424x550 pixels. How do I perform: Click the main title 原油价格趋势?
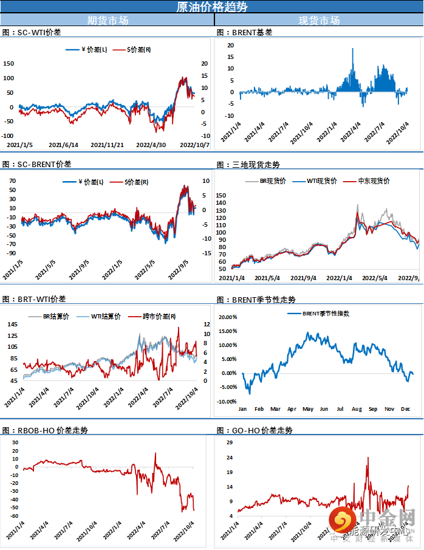point(212,7)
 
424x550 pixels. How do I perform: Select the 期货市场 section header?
point(108,21)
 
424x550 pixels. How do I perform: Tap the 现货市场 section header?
point(319,21)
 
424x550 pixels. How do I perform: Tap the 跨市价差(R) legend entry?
point(159,317)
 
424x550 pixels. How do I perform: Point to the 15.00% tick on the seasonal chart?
point(227,331)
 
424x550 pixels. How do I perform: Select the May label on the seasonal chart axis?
point(308,410)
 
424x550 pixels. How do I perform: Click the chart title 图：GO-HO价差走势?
point(254,430)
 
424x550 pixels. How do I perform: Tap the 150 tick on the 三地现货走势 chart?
point(221,195)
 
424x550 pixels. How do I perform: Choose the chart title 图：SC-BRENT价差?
point(36,165)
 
